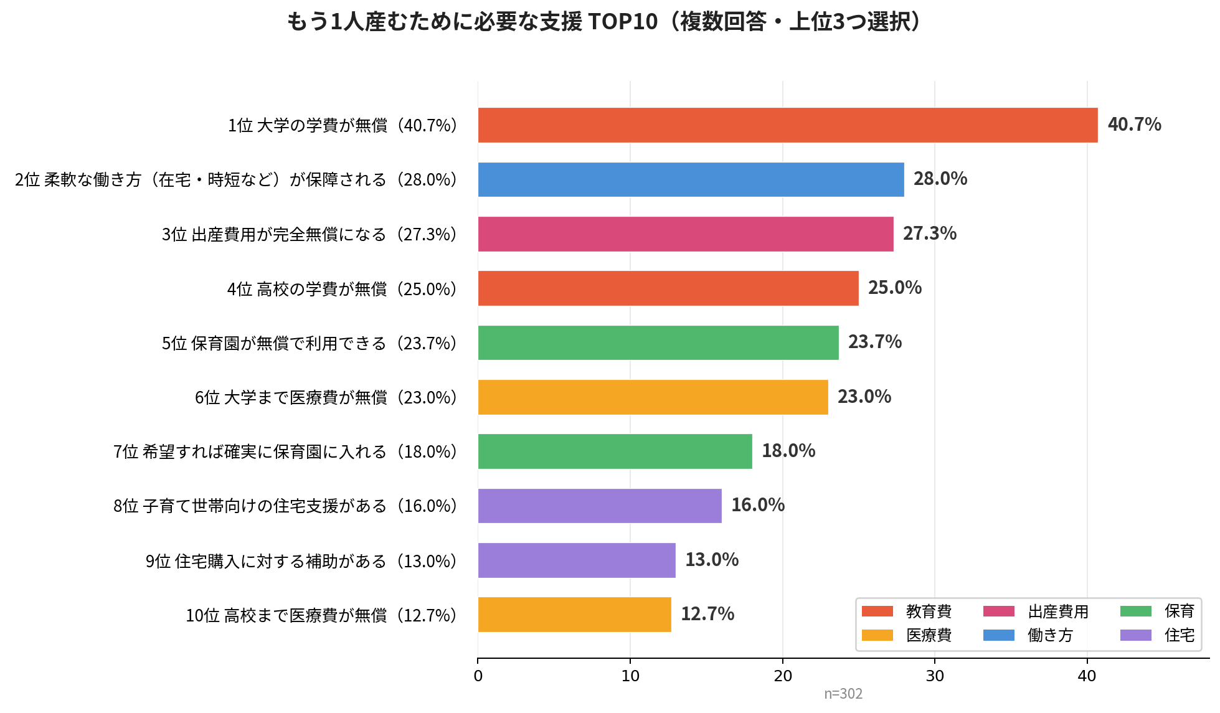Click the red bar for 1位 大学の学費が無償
pyautogui.click(x=787, y=125)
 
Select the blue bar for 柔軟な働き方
pyautogui.click(x=691, y=179)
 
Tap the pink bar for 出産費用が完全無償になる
pyautogui.click(x=685, y=234)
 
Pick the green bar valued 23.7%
pyautogui.click(x=658, y=342)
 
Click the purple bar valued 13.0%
pyautogui.click(x=576, y=560)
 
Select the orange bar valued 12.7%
pyautogui.click(x=574, y=615)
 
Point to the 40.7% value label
pyautogui.click(x=1134, y=125)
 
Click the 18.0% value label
pyautogui.click(x=788, y=451)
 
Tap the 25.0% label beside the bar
pyautogui.click(x=894, y=288)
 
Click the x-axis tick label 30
pyautogui.click(x=934, y=676)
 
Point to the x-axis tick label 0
pyautogui.click(x=478, y=676)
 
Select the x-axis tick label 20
pyautogui.click(x=782, y=676)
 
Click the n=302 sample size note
pyautogui.click(x=843, y=694)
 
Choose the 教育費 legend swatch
pyautogui.click(x=877, y=611)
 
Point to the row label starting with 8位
pyautogui.click(x=286, y=506)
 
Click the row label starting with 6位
pyautogui.click(x=326, y=397)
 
